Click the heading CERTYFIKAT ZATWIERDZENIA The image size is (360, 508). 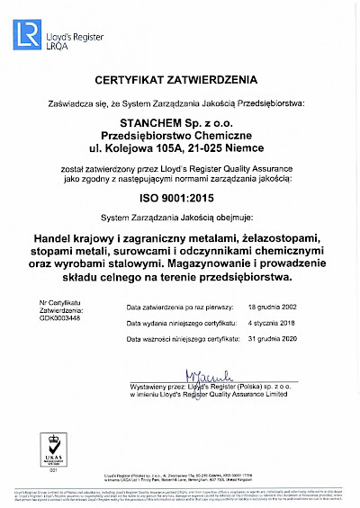180,81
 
